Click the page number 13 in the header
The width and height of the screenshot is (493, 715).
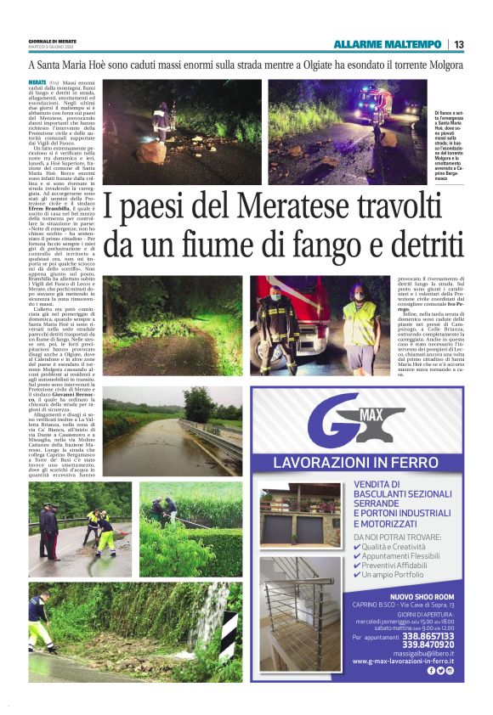(x=459, y=44)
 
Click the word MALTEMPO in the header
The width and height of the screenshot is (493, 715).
(x=411, y=44)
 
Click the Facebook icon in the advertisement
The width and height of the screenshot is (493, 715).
(x=431, y=670)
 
